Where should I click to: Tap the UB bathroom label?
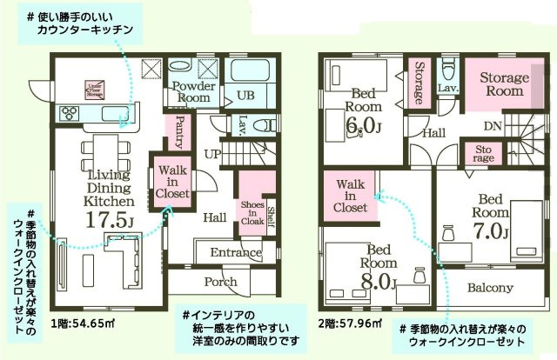(x=245, y=95)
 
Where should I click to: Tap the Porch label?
(x=220, y=282)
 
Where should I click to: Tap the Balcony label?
(x=490, y=288)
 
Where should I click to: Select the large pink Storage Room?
(x=504, y=83)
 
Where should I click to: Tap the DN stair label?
(x=492, y=126)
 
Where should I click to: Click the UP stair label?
(x=211, y=153)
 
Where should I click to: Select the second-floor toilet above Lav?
(x=448, y=70)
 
